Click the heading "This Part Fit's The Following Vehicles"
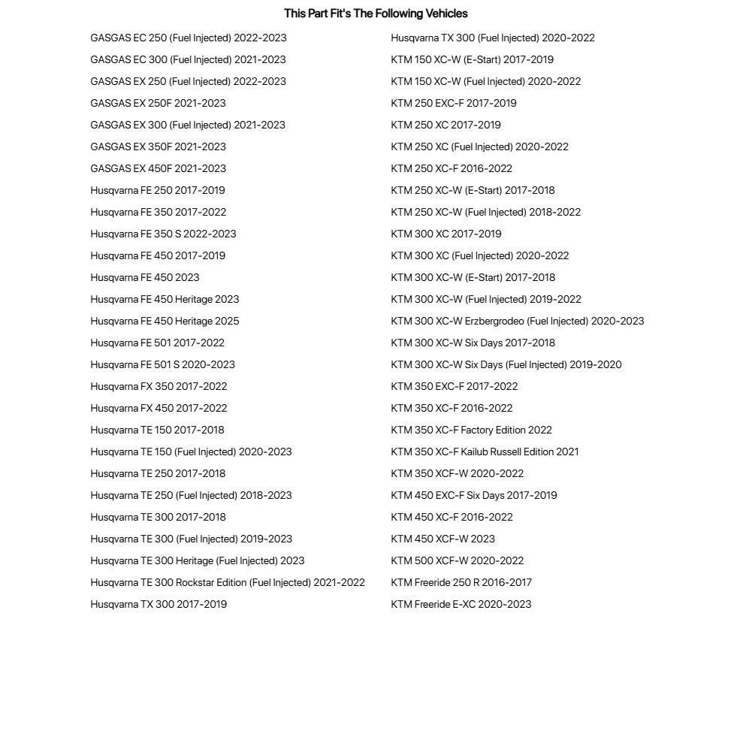click(x=376, y=14)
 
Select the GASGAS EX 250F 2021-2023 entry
click(x=158, y=103)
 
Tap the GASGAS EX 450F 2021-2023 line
click(x=158, y=168)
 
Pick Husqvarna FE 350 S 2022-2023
click(x=163, y=234)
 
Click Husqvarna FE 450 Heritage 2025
click(x=165, y=321)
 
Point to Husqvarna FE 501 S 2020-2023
click(x=162, y=364)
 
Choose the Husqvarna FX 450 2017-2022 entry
click(x=159, y=408)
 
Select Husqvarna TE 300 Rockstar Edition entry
click(x=228, y=582)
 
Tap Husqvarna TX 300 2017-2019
click(x=159, y=604)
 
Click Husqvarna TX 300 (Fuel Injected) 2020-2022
click(x=493, y=38)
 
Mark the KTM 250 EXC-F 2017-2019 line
click(x=454, y=103)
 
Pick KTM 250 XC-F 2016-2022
click(x=452, y=168)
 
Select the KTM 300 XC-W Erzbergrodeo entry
click(x=518, y=321)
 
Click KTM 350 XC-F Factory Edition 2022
click(x=471, y=430)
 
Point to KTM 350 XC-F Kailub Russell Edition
click(x=485, y=452)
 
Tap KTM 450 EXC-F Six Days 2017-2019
click(x=474, y=495)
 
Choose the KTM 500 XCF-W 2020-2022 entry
click(x=458, y=560)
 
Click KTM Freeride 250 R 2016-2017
click(x=461, y=582)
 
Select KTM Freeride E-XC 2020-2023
click(x=461, y=604)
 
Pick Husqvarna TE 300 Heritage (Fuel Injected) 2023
click(x=198, y=560)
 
